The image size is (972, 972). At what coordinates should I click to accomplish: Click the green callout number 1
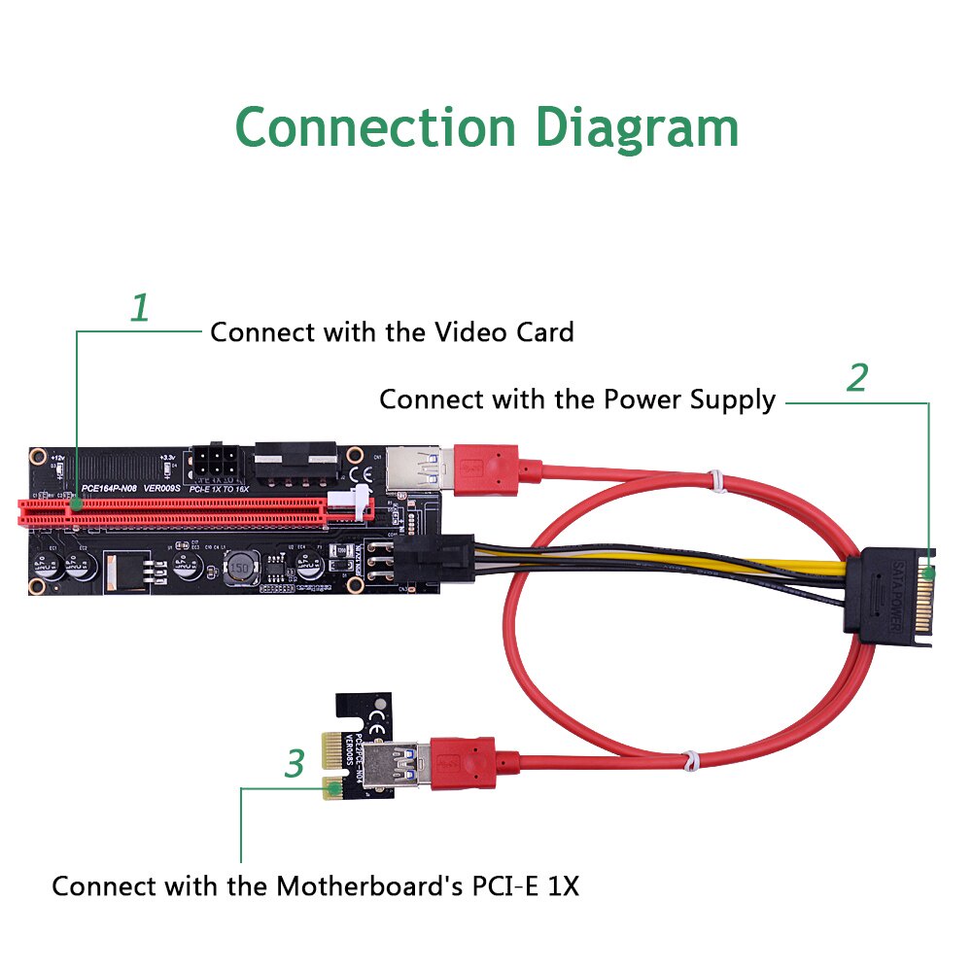tap(141, 309)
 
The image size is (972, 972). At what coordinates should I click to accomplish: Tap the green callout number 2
tap(855, 378)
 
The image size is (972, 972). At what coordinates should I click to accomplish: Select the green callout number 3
tap(295, 764)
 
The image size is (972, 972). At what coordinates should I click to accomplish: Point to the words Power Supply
tap(689, 399)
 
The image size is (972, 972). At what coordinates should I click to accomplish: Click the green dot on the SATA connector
tap(931, 573)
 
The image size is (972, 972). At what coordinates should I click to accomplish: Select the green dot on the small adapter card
tap(334, 788)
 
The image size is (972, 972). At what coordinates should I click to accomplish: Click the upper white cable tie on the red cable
tap(715, 478)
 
